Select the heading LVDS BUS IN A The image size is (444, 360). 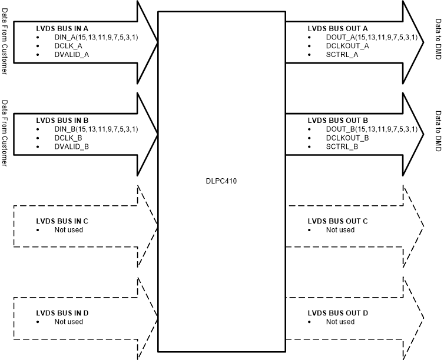click(x=62, y=28)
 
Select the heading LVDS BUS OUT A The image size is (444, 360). click(x=338, y=28)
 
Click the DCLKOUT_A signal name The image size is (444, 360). click(x=347, y=45)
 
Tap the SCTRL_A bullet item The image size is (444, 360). click(x=342, y=54)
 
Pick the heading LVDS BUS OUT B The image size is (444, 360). click(x=338, y=120)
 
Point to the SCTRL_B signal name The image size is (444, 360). click(x=342, y=146)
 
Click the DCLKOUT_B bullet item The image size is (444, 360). click(x=347, y=138)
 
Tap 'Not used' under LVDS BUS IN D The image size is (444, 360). click(x=69, y=322)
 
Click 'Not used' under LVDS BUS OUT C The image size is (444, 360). click(x=340, y=230)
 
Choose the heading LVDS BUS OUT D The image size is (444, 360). click(x=338, y=313)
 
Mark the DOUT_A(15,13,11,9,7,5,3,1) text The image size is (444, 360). click(x=371, y=37)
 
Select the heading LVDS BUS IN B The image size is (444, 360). click(x=62, y=120)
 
